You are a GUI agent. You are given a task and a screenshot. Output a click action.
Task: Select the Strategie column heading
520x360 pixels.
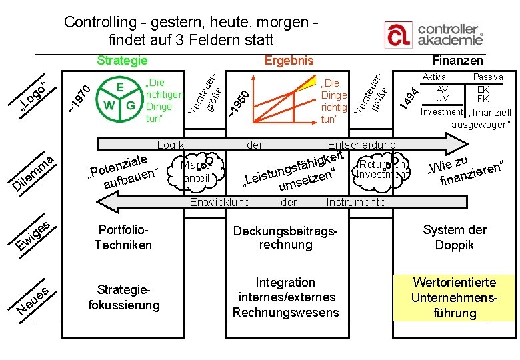click(x=122, y=61)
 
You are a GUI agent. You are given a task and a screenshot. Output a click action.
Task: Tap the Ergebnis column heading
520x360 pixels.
click(x=289, y=61)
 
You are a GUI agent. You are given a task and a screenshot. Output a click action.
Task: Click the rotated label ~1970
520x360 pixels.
click(x=79, y=97)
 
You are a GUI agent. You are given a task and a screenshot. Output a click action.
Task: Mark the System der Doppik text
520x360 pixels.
click(x=454, y=237)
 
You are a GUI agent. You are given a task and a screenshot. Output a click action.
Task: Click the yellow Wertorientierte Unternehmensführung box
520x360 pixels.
click(x=454, y=298)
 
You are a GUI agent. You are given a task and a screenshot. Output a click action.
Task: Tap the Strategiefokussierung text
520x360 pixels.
click(x=124, y=298)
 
